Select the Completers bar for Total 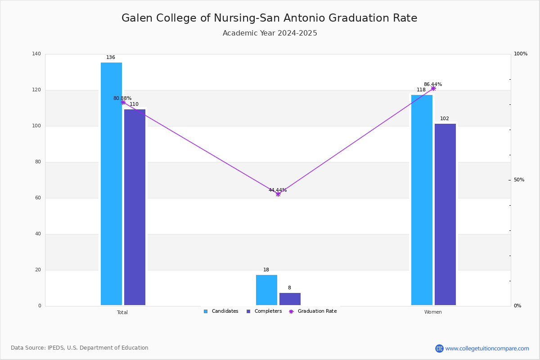pos(135,207)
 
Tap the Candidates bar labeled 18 pos(266,290)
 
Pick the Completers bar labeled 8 pos(290,299)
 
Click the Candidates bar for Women pos(422,200)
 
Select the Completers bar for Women pos(445,214)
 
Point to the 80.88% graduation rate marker pos(123,102)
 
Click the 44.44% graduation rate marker pos(278,194)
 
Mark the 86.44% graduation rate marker pos(433,88)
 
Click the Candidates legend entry pos(221,311)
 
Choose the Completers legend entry pos(264,311)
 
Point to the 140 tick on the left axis pos(36,54)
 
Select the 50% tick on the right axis pos(519,180)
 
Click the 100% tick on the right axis pos(521,54)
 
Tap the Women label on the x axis pos(433,312)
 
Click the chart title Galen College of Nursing pos(269,18)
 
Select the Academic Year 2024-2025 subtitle pos(270,33)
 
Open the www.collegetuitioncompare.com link pos(487,348)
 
